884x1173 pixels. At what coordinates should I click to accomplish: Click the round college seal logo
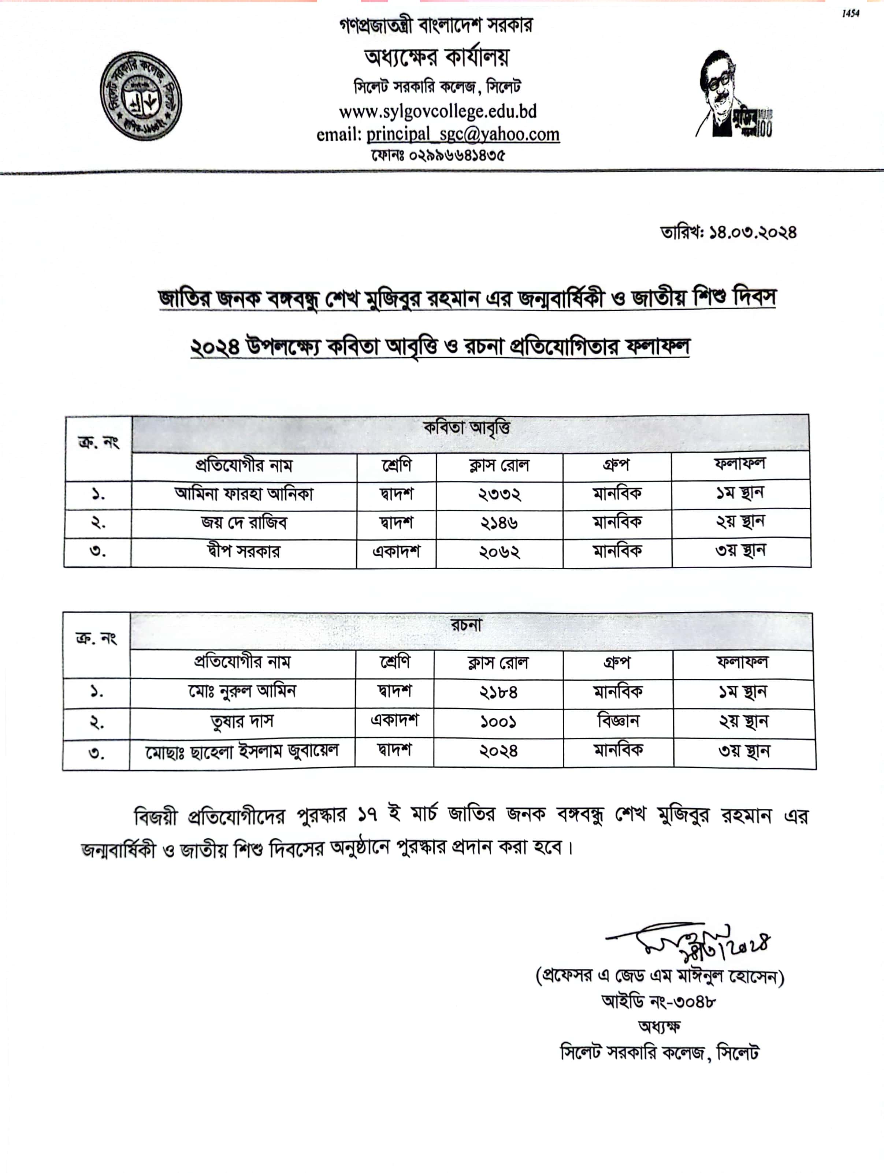click(141, 97)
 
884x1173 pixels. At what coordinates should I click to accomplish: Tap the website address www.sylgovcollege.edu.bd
click(438, 111)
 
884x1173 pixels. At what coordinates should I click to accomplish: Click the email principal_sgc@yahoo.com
click(463, 135)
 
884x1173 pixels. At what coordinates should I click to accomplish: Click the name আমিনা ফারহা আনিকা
click(244, 494)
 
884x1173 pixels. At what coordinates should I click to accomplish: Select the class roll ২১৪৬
click(499, 524)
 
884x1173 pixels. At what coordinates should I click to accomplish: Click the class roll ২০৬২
click(499, 552)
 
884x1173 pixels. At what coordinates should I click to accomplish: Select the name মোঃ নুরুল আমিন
click(242, 692)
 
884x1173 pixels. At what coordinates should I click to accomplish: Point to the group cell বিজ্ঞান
click(618, 721)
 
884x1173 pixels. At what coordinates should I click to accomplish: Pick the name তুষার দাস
click(242, 722)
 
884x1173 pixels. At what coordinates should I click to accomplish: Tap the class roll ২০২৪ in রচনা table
click(498, 751)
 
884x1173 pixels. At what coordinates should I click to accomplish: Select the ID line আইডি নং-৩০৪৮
click(659, 1001)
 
